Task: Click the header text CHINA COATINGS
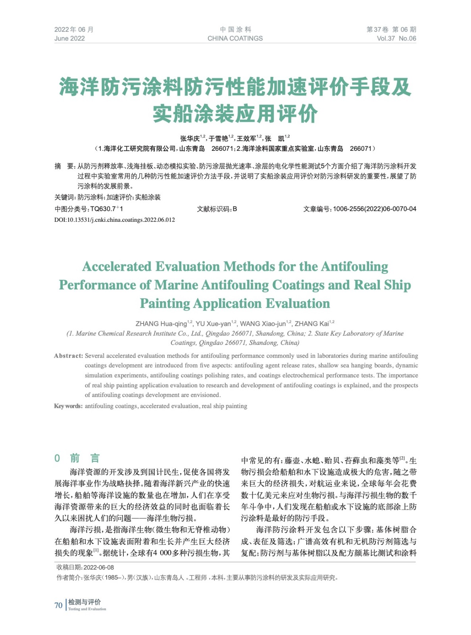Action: click(x=235, y=38)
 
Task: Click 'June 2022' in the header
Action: click(x=69, y=38)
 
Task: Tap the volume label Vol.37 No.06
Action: click(x=396, y=38)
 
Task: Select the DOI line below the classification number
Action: click(x=114, y=220)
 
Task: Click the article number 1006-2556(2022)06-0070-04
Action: click(x=374, y=209)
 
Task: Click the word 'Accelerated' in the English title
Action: click(x=117, y=267)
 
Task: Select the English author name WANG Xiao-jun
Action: click(x=263, y=324)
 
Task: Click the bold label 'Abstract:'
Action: click(x=68, y=356)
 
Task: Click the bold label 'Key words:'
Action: click(x=68, y=406)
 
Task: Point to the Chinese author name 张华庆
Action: click(x=190, y=139)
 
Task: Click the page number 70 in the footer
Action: click(x=58, y=605)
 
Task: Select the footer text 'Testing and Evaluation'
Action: click(x=87, y=609)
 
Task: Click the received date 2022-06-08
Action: click(x=98, y=568)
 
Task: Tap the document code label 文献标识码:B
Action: click(x=217, y=209)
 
